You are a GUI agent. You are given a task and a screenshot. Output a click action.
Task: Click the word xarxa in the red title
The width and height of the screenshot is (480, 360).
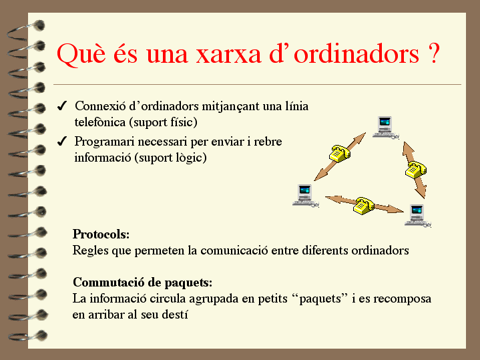pos(228,54)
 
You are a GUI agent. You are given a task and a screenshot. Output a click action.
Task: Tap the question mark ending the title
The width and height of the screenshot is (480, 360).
pos(433,53)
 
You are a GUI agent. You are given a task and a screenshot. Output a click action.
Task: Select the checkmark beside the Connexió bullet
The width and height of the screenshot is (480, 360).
pos(62,106)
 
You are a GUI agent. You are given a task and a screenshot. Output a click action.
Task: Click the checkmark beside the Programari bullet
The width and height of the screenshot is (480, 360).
pos(62,142)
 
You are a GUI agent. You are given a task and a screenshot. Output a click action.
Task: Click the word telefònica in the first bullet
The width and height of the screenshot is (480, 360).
pos(100,122)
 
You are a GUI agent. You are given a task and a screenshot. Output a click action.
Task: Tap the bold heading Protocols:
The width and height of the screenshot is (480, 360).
pos(101,234)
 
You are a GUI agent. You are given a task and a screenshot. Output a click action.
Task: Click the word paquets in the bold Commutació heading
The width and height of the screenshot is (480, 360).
pos(188,283)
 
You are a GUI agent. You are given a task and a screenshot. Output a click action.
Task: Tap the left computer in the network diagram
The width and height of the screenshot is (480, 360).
pos(306,196)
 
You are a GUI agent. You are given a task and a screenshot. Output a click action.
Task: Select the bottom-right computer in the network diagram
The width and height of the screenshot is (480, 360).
pos(418,216)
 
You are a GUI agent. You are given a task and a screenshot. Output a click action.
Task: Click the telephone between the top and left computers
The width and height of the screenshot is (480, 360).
pos(340,154)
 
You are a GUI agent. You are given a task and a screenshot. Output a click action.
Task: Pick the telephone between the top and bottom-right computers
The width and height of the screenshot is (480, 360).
pos(416,170)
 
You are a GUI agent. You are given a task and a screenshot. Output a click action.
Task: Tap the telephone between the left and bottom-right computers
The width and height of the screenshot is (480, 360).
pos(364,206)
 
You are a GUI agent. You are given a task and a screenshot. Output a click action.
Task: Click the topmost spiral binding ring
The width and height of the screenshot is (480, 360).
pos(26,30)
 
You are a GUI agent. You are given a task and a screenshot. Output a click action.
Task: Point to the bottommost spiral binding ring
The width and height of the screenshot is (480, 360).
pos(28,335)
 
